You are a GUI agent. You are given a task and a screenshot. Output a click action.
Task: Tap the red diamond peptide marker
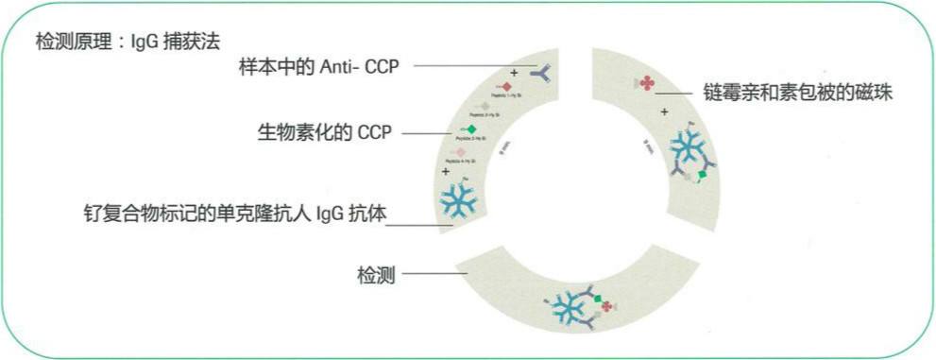click(506, 87)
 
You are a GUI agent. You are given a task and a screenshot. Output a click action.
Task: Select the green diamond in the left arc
click(471, 129)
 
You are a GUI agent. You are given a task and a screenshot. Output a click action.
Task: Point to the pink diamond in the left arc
click(460, 152)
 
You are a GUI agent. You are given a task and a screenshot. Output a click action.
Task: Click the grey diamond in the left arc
click(485, 106)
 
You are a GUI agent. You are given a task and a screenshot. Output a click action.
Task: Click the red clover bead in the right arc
click(647, 84)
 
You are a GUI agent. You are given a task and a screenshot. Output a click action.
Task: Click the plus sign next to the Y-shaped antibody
click(514, 73)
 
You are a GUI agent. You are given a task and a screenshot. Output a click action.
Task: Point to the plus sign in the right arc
click(665, 112)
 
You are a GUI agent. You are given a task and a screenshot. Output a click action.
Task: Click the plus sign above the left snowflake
click(445, 172)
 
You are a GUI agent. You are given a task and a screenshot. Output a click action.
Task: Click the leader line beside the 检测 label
click(434, 274)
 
